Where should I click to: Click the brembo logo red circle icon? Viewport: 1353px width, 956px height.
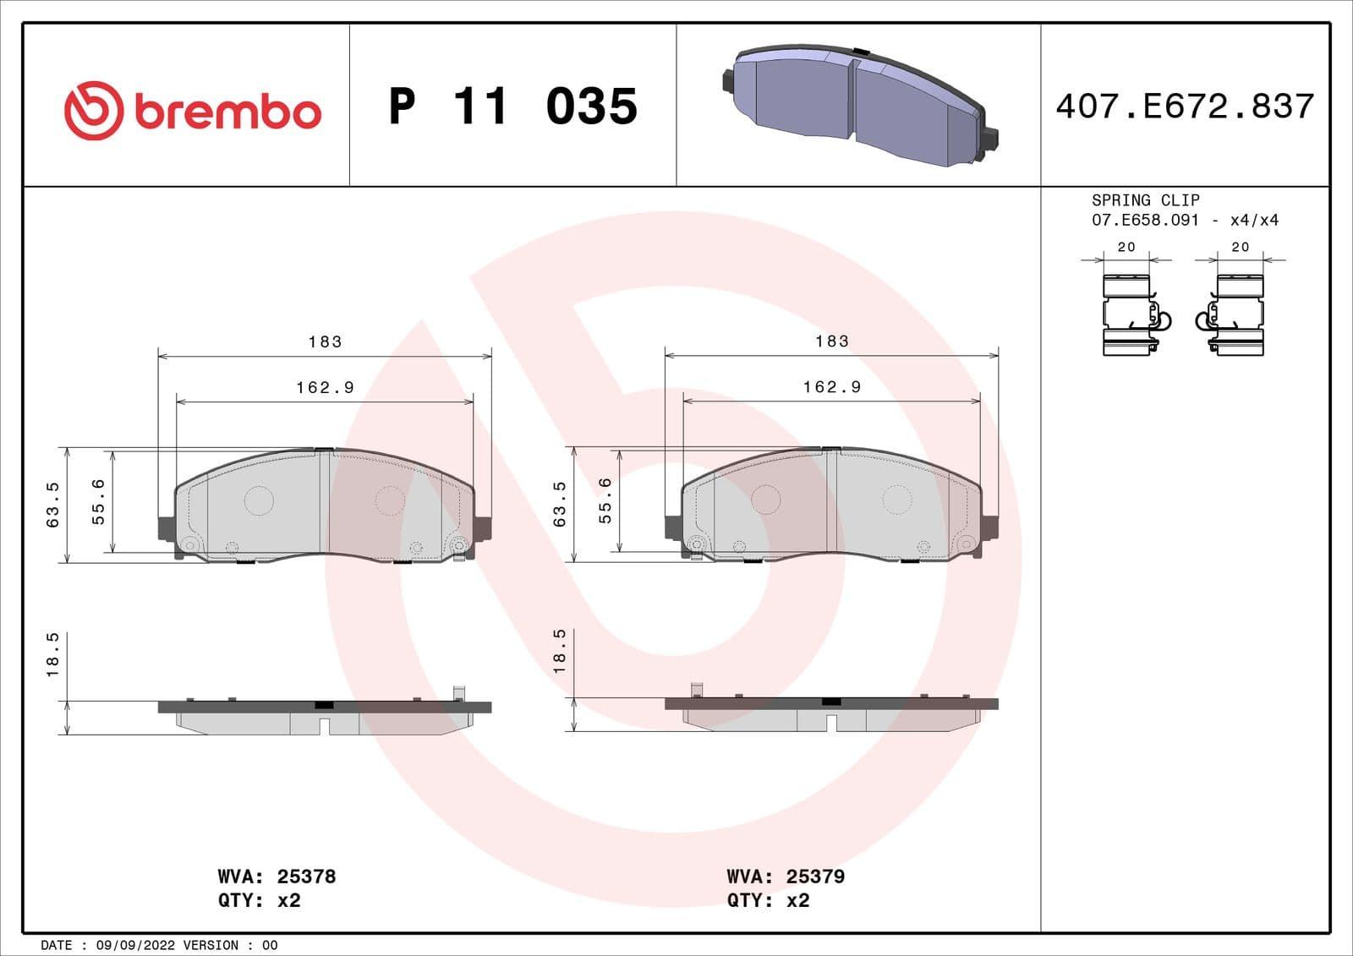94,111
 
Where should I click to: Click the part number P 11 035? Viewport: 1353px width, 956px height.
512,107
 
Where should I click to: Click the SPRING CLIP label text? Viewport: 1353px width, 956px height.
1145,200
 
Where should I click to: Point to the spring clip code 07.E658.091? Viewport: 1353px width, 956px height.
1145,220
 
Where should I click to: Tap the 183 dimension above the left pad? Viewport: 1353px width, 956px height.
325,341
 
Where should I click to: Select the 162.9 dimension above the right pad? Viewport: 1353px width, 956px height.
831,387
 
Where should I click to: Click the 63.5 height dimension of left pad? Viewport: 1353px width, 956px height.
53,505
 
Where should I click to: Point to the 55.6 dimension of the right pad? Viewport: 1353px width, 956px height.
605,500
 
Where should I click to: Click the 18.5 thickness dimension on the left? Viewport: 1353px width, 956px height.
53,654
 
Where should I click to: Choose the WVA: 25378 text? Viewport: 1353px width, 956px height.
277,877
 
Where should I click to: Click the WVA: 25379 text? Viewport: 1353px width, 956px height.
786,877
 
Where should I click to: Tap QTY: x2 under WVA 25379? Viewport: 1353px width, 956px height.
768,900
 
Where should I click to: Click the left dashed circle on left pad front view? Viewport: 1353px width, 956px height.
259,500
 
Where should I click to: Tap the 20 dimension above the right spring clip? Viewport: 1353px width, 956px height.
1240,247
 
